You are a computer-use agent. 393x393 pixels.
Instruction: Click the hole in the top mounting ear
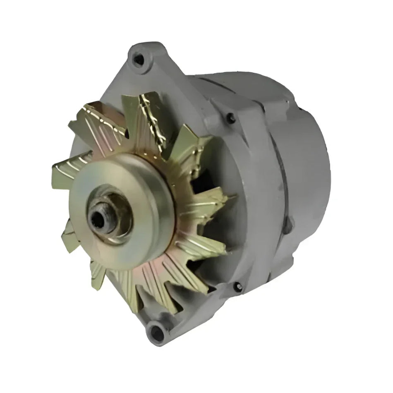(x=139, y=60)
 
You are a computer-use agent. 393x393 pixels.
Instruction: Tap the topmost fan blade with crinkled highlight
(x=151, y=116)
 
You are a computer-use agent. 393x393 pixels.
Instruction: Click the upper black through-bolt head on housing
(x=231, y=119)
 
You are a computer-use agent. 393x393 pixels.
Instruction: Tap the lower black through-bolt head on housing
(x=237, y=286)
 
